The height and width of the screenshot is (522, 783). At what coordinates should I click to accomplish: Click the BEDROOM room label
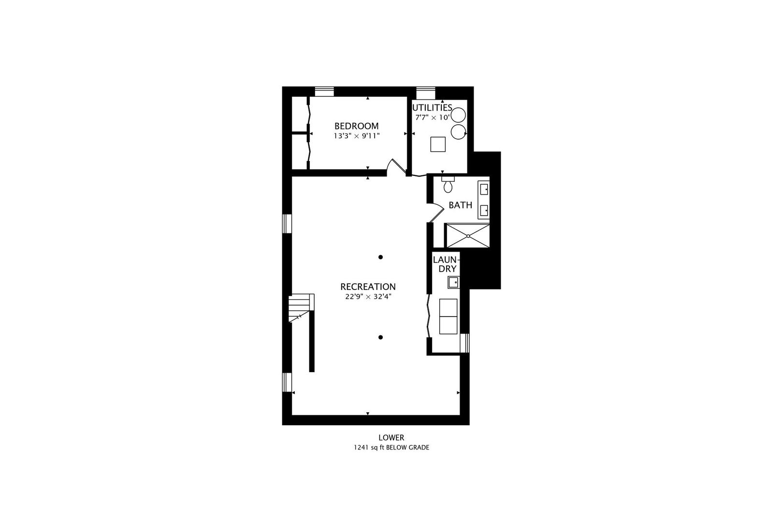[x=356, y=126]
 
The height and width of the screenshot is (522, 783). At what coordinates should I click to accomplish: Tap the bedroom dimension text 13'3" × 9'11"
[x=356, y=136]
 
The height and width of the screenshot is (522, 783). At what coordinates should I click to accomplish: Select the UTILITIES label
[x=432, y=108]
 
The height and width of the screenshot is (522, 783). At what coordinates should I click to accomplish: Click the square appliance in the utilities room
[x=438, y=145]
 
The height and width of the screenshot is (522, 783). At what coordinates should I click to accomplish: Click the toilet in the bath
[x=448, y=184]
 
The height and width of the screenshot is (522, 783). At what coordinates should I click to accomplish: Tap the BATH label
[x=460, y=205]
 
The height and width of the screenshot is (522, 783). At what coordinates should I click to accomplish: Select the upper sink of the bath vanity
[x=484, y=189]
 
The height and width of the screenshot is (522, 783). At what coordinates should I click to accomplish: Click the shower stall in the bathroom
[x=467, y=235]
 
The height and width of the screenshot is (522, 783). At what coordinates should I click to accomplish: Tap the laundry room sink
[x=453, y=282]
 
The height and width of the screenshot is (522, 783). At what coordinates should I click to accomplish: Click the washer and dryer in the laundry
[x=448, y=316]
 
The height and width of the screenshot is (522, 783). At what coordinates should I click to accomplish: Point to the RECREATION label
[x=368, y=287]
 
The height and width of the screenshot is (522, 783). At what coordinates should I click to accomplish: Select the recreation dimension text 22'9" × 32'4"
[x=368, y=297]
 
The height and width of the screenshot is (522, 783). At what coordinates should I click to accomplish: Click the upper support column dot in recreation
[x=381, y=257]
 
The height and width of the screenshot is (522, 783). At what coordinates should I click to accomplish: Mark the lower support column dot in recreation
[x=381, y=337]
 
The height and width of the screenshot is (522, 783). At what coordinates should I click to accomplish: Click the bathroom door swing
[x=436, y=212]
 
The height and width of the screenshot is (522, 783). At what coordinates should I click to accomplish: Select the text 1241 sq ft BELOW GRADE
[x=391, y=448]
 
